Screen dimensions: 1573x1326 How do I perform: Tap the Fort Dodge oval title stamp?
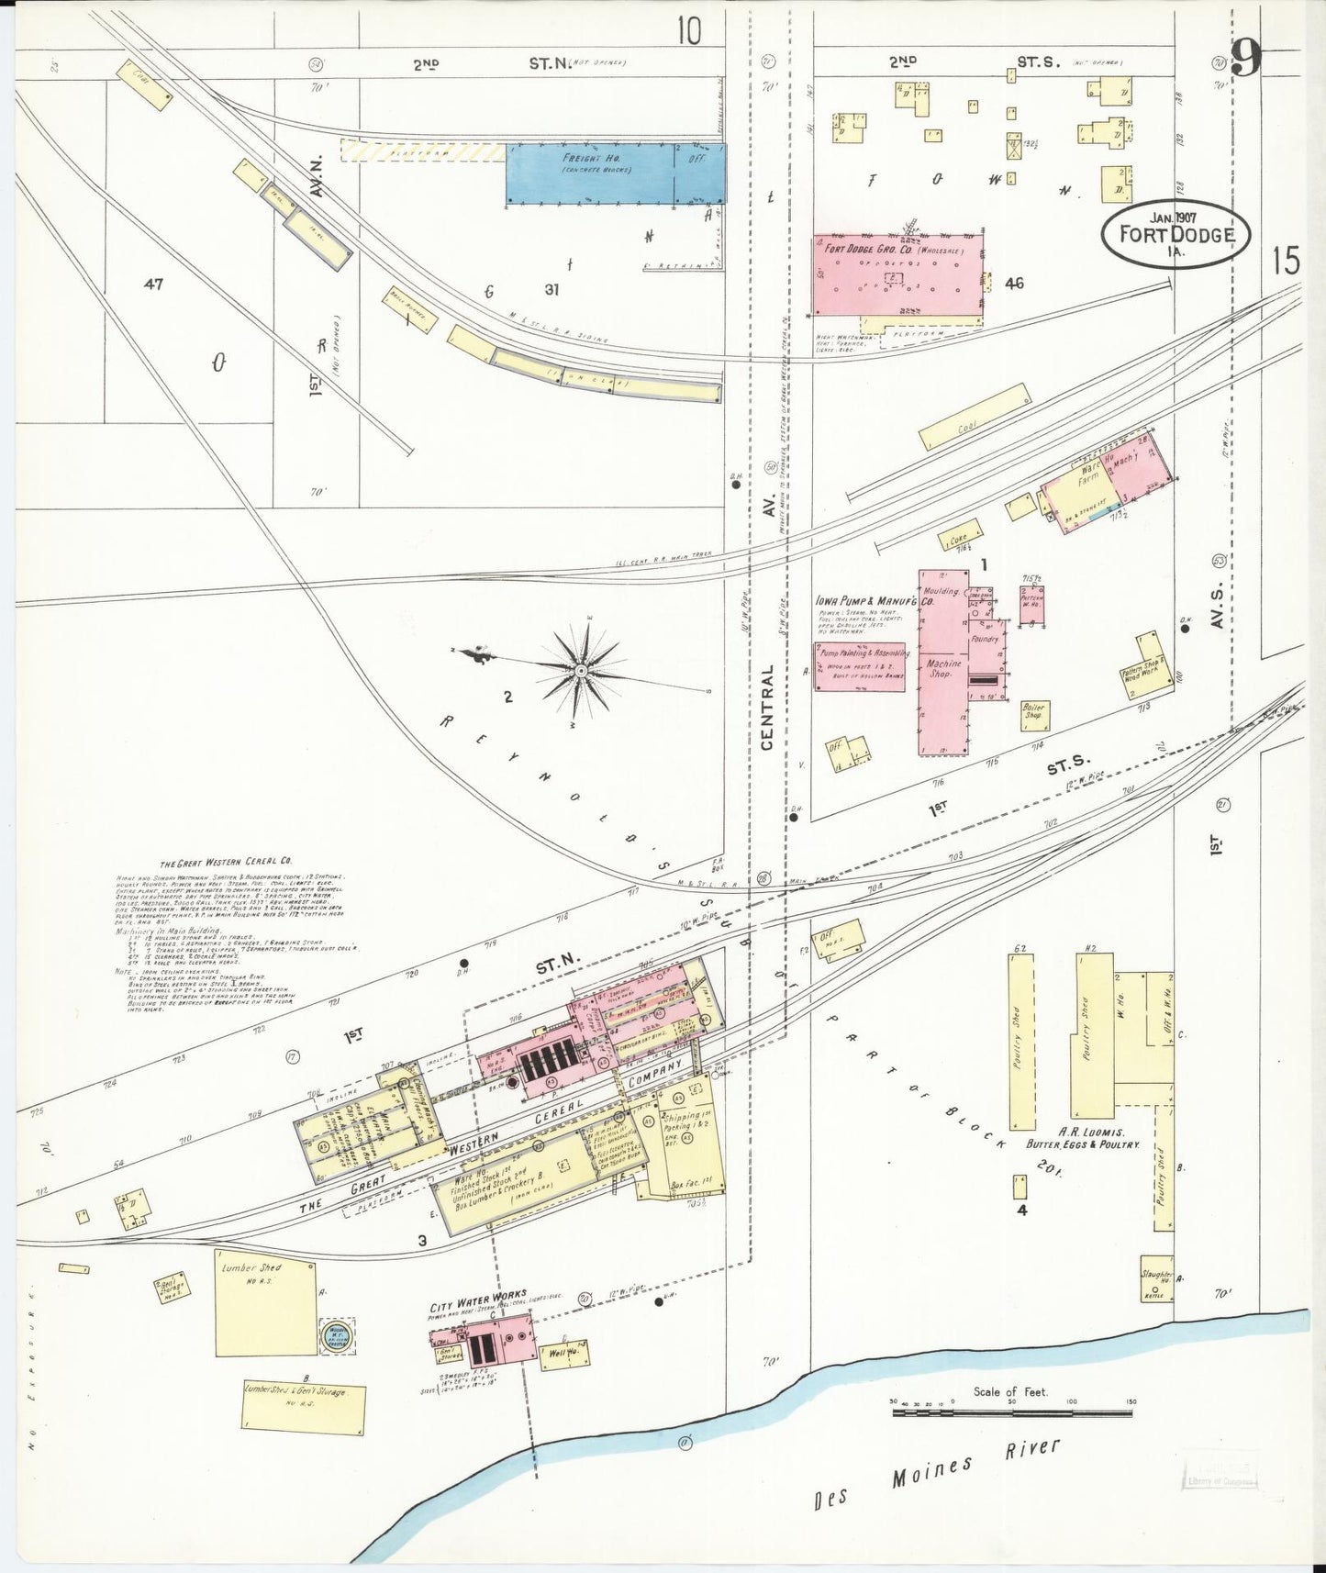[1176, 234]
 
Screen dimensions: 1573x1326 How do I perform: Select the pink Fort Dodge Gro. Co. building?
[897, 275]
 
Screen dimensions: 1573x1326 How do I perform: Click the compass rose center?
[581, 672]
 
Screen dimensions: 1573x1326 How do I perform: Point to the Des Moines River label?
[936, 1476]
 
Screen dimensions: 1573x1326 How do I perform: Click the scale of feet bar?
[1011, 1411]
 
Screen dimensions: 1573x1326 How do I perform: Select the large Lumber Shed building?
[266, 1301]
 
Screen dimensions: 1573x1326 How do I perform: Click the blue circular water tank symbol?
[336, 1336]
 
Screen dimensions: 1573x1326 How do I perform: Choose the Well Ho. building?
[564, 1354]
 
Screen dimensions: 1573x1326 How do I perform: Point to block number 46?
[1014, 284]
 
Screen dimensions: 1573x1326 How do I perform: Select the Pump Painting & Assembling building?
[859, 666]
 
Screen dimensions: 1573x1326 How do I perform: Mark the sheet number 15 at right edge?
[1286, 262]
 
